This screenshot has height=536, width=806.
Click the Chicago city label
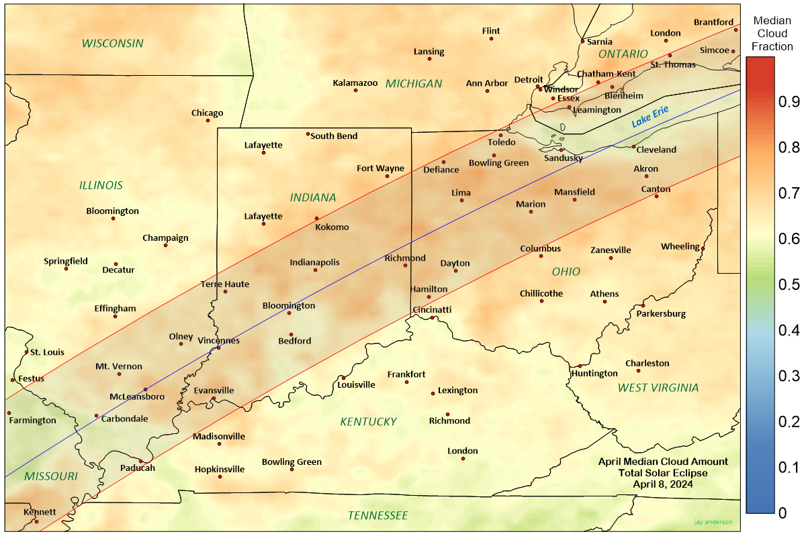tap(207, 113)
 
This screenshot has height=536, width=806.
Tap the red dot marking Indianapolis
tap(315, 270)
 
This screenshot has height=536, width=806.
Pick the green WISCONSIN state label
tap(113, 43)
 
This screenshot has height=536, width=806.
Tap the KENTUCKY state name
tap(368, 421)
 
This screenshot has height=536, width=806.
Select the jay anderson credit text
tap(713, 521)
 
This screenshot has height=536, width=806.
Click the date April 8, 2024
tap(663, 484)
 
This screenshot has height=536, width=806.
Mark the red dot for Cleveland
tap(633, 146)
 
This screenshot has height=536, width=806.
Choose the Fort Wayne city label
tap(380, 168)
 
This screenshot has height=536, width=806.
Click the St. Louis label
tap(47, 352)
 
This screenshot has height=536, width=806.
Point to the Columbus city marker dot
tap(541, 256)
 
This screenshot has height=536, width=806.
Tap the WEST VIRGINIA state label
tap(658, 387)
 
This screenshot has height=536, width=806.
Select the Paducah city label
tap(137, 468)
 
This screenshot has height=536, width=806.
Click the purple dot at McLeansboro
tap(145, 389)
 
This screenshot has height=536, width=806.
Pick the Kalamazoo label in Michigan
tap(355, 83)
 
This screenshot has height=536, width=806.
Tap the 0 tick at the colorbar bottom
tap(782, 513)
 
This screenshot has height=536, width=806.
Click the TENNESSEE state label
tap(377, 515)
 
